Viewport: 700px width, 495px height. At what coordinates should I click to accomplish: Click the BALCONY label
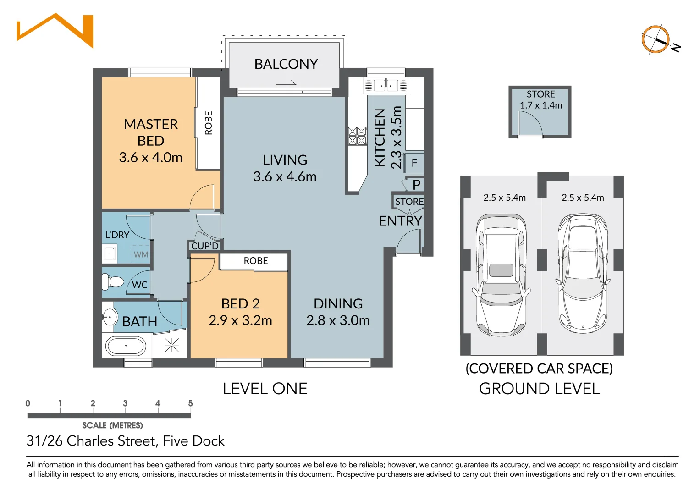pos(286,64)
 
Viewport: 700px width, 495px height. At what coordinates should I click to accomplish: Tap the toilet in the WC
pos(113,282)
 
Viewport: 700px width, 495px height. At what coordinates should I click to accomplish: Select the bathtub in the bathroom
pos(126,346)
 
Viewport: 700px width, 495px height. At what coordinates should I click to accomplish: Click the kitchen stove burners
pos(357,136)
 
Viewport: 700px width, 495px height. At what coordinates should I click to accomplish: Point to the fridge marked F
pos(414,163)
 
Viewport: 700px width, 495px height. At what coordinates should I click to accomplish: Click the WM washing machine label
pos(141,254)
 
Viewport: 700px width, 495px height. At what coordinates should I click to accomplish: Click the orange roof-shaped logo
pos(55,30)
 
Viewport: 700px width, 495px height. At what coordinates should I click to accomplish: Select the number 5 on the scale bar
pos(190,403)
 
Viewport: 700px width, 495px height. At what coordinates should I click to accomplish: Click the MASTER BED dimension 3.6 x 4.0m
pos(151,157)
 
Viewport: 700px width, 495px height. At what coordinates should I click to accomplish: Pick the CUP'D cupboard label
pos(205,246)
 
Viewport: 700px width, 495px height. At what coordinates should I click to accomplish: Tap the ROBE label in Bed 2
pos(256,261)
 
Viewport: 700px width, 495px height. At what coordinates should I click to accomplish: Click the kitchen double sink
pos(386,85)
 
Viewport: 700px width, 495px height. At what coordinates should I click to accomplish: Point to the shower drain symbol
pos(171,345)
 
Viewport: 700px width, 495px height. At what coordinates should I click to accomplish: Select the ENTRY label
pos(401,221)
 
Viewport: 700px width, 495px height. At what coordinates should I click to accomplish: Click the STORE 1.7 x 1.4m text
pos(541,100)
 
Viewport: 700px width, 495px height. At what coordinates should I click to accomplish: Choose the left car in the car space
pos(502,275)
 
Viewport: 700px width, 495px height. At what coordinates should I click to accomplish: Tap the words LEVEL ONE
pos(265,389)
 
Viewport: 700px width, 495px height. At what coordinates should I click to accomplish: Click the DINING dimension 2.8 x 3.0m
pos(338,320)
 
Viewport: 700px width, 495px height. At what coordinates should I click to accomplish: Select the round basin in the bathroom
pos(110,317)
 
